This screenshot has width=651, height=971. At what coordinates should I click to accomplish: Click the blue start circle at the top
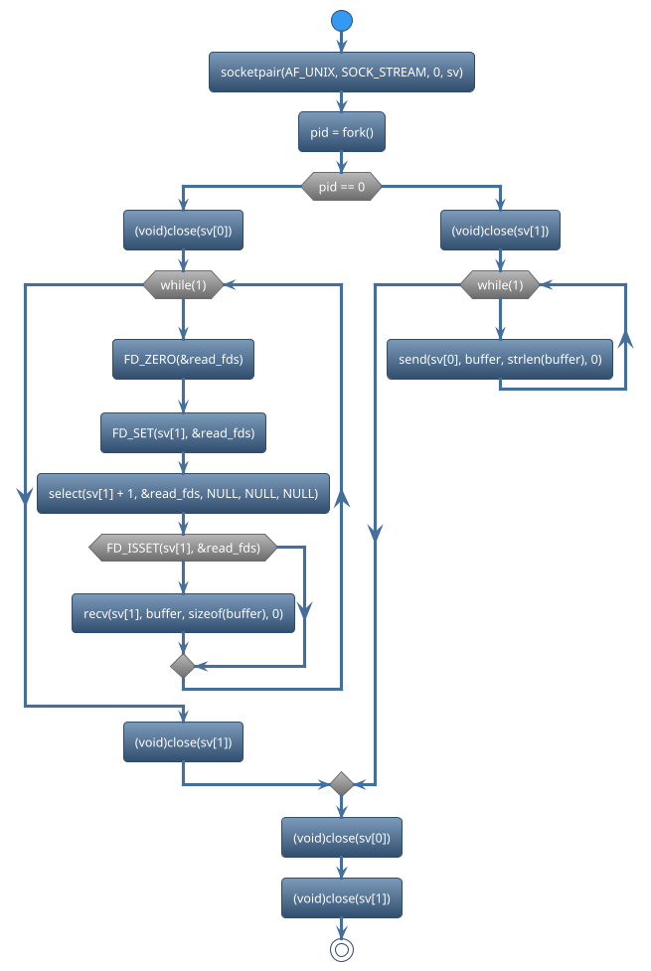coord(342,21)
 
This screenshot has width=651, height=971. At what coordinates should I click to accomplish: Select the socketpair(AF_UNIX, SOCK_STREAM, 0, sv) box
coord(342,73)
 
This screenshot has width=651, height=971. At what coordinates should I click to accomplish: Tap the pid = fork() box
coord(342,132)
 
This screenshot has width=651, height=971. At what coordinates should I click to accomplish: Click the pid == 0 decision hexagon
coord(342,187)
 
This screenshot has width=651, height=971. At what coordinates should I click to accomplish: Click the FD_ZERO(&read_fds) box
coord(183,359)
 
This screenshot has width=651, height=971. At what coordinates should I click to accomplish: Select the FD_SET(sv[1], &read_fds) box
coord(183,432)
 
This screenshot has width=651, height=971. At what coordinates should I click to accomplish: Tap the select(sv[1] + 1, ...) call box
coord(183,494)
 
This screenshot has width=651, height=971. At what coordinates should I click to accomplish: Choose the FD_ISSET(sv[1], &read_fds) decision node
coord(183,548)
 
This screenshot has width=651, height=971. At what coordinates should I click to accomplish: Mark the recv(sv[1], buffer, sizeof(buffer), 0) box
coord(183,614)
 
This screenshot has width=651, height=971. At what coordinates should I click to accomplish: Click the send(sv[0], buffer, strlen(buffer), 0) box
coord(500,359)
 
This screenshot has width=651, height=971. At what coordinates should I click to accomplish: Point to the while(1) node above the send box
coord(500,285)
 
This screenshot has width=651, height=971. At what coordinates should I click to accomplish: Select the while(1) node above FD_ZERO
coord(183,285)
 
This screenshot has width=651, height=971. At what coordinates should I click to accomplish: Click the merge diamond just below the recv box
coord(183,666)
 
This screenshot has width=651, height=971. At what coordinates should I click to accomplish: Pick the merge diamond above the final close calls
coord(342,784)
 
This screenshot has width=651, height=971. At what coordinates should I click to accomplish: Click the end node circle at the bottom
coord(342,950)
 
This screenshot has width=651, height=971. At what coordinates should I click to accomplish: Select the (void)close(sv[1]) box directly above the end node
coord(342,898)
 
